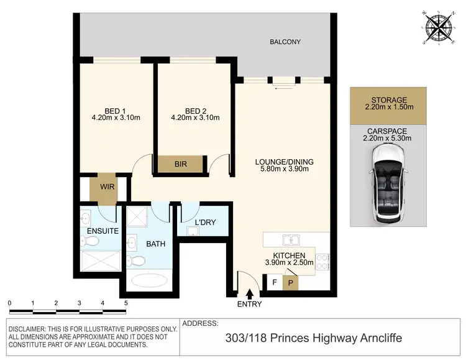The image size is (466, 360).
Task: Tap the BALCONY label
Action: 285,42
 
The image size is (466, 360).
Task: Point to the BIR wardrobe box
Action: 181,164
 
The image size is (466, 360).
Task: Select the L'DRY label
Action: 206,223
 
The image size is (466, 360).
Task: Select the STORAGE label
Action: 388,99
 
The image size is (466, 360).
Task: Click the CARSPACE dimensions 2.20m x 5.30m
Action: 388,138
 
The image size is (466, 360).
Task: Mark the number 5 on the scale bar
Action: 126,303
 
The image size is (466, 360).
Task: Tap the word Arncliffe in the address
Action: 374,338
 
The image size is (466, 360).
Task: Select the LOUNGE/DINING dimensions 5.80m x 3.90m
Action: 285,170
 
